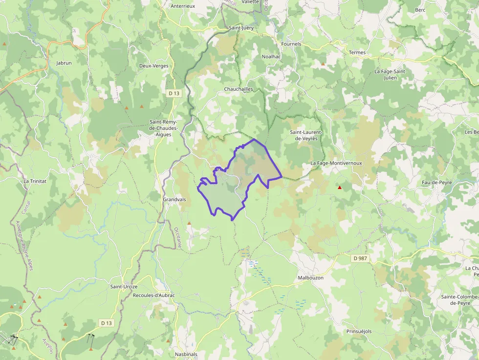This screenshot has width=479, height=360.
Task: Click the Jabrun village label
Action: coord(64,63)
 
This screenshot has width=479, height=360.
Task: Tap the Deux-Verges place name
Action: coord(153,66)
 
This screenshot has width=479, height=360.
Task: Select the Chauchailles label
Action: coord(238,89)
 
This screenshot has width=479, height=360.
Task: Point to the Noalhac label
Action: coord(271,57)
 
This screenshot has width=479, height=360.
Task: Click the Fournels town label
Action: coord(291,44)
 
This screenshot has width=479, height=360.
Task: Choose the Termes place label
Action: coord(357,52)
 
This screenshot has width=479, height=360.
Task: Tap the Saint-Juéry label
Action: coord(241,28)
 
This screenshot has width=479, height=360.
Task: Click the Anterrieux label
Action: coord(183,6)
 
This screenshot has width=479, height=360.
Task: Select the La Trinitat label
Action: coord(35,181)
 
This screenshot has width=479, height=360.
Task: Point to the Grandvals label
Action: coord(174,199)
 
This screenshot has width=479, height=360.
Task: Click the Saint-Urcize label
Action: coord(124,286)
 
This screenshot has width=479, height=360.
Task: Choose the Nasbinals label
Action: coord(186,354)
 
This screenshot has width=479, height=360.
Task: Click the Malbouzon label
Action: coord(310,277)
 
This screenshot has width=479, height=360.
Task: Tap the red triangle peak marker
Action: coord(340,187)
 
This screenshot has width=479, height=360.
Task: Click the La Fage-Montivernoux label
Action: coord(336,163)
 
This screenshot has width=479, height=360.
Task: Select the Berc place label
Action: coord(420,10)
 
